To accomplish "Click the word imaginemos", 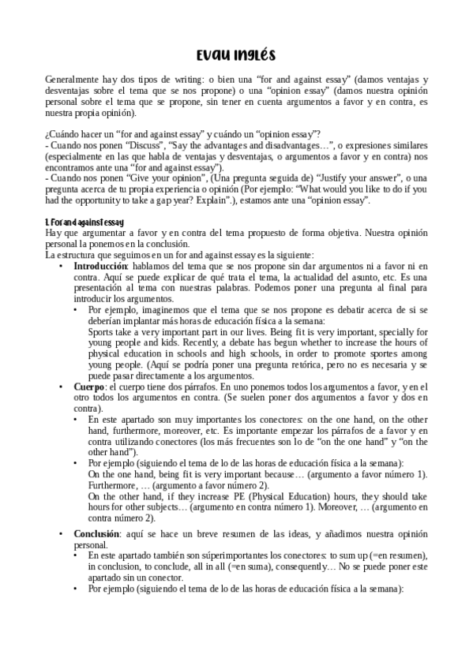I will pyautogui.click(x=157, y=310).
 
